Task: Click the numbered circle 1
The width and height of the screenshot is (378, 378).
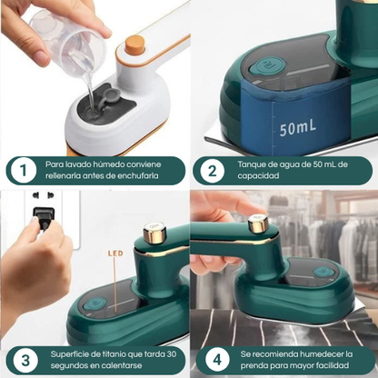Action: click(x=24, y=171)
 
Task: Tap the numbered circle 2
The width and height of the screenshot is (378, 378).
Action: click(x=213, y=171)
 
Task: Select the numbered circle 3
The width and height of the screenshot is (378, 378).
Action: click(x=25, y=361)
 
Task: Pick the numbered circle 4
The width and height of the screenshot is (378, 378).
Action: click(x=217, y=360)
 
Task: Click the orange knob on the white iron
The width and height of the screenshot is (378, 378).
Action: click(x=134, y=44)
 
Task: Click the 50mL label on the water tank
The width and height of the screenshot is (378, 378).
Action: click(x=298, y=126)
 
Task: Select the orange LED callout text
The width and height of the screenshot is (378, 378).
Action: click(x=115, y=253)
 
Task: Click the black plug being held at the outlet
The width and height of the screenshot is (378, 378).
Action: click(x=44, y=218)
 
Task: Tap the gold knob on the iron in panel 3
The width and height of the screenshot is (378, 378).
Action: click(x=154, y=233)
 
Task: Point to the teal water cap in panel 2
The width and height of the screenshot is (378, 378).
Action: click(x=267, y=65)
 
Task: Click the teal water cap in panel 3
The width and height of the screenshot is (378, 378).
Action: click(x=95, y=303)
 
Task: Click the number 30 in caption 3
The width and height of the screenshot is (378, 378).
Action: click(x=171, y=354)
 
